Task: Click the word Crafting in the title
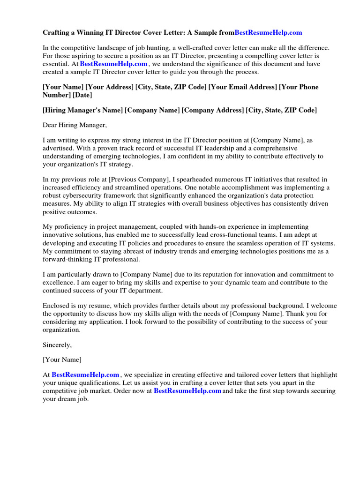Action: [57, 32]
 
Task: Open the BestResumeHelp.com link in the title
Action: [268, 32]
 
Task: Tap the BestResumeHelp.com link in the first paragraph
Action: [114, 64]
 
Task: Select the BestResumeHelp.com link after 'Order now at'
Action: [187, 391]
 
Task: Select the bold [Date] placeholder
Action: [82, 95]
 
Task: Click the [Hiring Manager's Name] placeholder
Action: [82, 110]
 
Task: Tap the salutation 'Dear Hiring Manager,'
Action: [75, 125]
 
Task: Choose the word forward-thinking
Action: [70, 259]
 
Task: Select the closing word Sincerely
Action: [57, 345]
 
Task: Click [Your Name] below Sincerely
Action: [62, 360]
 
